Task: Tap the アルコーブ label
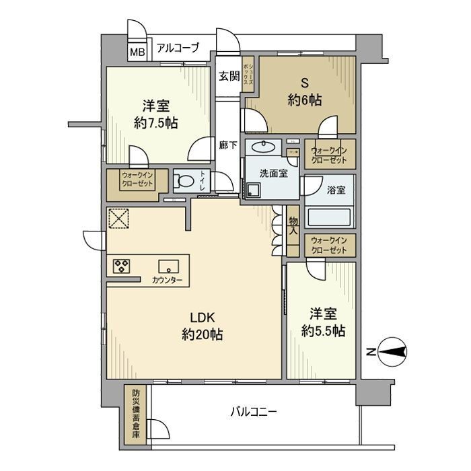coord(178,48)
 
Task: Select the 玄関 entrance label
coord(229,76)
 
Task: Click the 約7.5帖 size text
coord(155,124)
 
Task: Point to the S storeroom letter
coord(303,83)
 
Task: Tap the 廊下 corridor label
coord(228,144)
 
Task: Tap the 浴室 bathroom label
coord(336,190)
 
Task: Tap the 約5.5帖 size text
coord(322,331)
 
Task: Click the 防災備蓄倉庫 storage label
coord(136,413)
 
